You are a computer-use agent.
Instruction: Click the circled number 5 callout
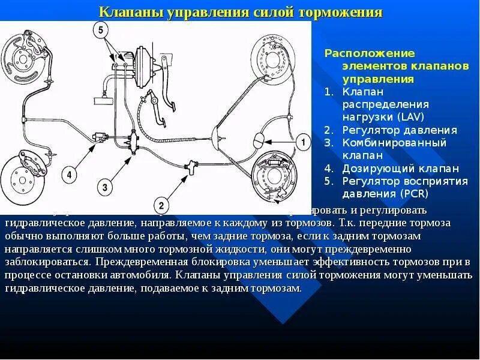101,30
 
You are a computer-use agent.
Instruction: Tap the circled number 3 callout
105,188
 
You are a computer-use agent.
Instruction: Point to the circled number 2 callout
160,203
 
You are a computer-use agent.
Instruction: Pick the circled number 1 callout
304,143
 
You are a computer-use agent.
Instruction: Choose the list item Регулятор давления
400,130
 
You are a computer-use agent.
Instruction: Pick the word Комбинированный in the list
394,142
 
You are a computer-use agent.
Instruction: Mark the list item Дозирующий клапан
400,168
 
